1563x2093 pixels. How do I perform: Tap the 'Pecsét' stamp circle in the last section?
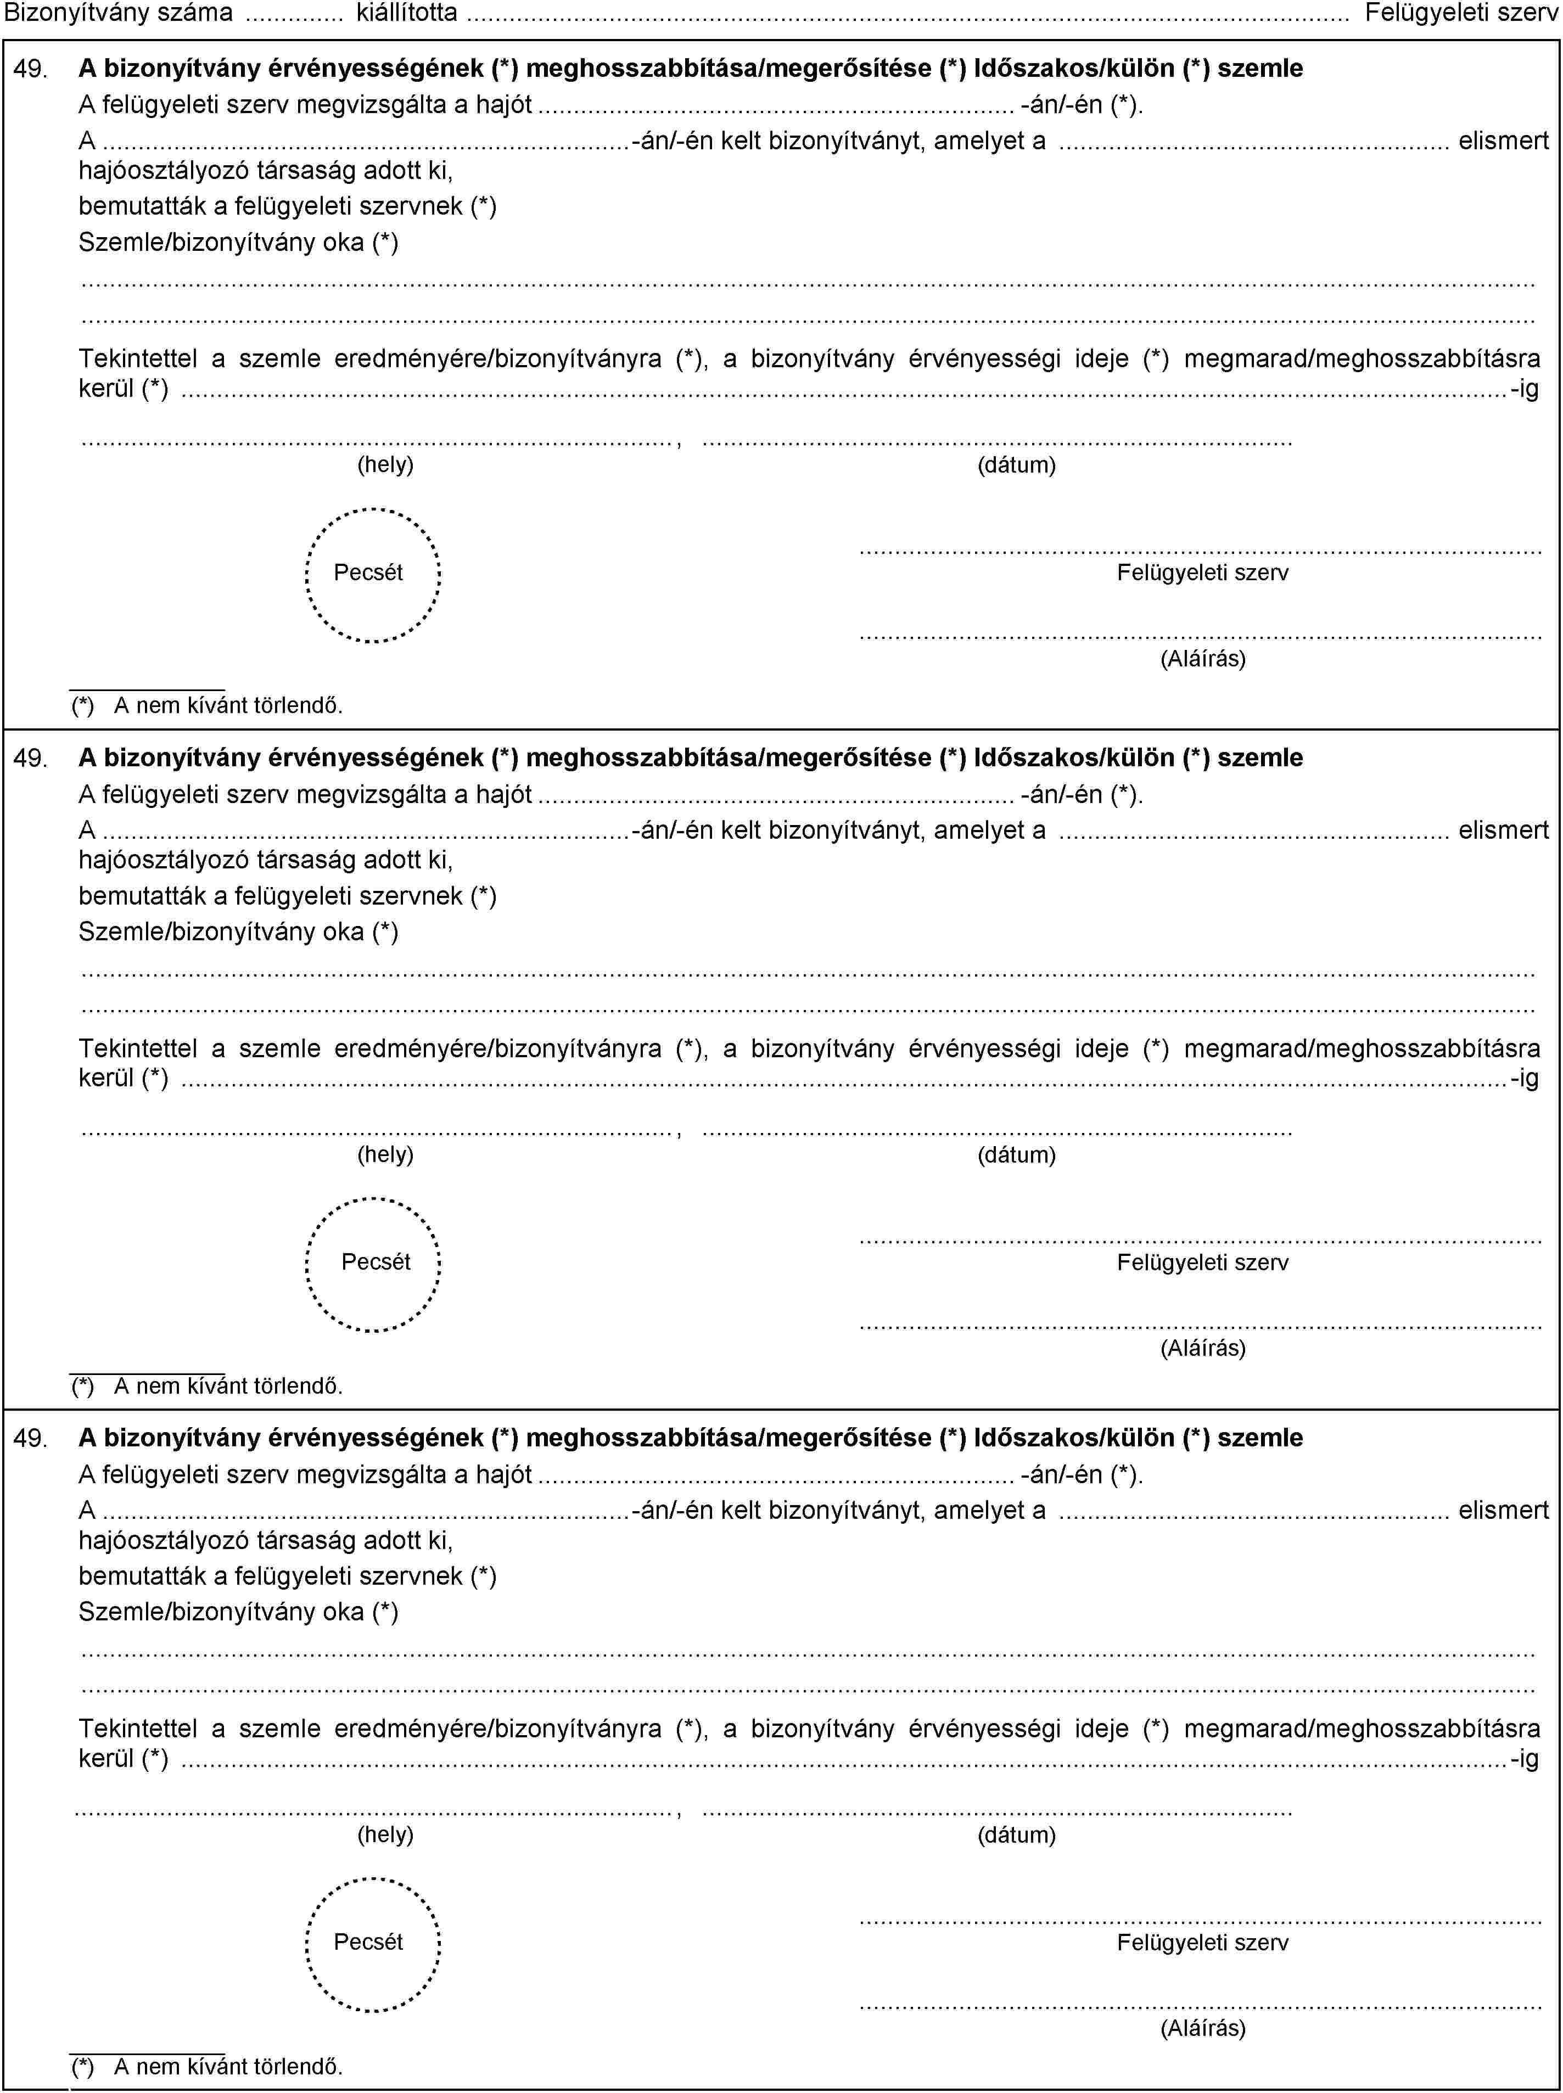coord(373,1944)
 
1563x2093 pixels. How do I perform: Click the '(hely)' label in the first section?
coord(385,464)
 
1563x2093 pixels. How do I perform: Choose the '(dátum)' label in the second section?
coord(1016,1155)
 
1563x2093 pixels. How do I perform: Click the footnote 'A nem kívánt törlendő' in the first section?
coord(227,705)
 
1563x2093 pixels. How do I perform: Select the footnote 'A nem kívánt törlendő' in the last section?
coord(227,2067)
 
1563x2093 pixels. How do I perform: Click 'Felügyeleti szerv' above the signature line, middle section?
coord(1202,1262)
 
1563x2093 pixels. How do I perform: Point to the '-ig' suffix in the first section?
coord(1524,389)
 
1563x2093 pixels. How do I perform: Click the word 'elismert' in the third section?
coord(1503,1511)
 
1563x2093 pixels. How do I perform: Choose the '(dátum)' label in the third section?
coord(1016,1835)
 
